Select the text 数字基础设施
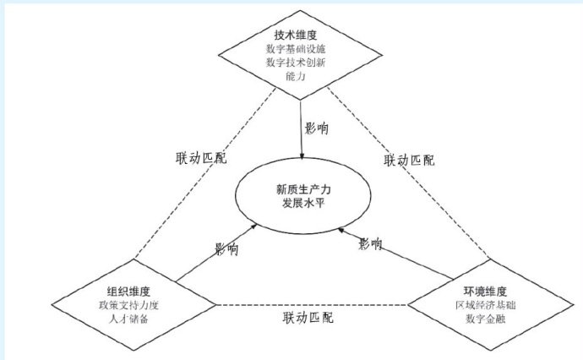click(291, 51)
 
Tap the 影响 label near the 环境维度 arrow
click(369, 244)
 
